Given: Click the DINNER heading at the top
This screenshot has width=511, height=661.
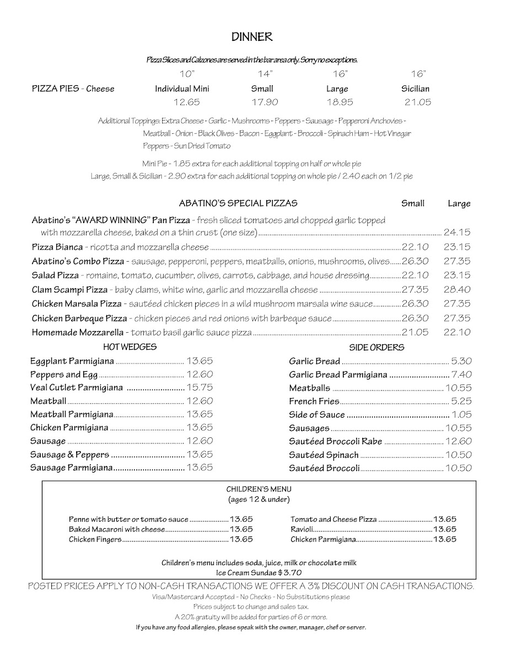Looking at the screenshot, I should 252,37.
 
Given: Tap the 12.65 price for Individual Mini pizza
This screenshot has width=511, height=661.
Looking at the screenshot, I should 186,102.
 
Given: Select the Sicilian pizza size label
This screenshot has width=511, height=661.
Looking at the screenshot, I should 415,88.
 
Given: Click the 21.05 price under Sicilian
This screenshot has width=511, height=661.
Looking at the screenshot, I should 417,102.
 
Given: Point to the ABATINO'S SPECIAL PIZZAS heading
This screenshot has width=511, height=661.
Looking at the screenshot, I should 238,203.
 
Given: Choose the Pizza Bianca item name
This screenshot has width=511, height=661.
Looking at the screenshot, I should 57,247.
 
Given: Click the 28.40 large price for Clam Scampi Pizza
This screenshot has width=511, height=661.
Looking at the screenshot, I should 457,289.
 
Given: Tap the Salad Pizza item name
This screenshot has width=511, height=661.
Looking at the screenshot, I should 55,275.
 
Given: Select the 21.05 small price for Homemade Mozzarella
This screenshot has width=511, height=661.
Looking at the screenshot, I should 415,332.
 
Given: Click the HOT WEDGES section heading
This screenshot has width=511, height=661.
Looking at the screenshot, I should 130,347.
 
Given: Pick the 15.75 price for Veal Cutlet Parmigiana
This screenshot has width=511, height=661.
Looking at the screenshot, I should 200,388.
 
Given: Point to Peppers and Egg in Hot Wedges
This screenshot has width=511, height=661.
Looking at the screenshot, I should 64,375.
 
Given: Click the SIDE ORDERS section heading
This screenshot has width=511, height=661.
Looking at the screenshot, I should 376,348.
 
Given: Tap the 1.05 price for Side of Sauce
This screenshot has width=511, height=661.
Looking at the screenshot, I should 462,415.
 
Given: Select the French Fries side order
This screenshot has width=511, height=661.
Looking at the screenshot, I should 314,402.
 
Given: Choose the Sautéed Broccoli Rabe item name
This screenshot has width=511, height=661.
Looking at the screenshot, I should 335,441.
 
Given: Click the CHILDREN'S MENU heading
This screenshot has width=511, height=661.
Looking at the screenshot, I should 259,489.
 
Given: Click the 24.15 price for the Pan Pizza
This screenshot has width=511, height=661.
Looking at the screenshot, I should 457,232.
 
